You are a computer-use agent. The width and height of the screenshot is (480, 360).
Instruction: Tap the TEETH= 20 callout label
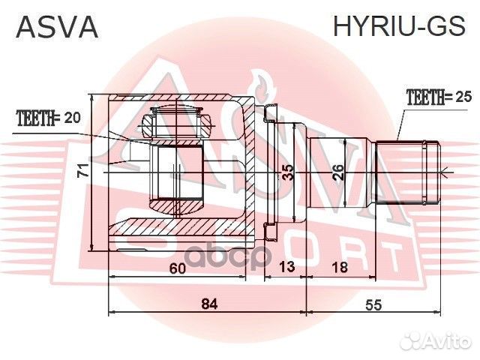(48, 118)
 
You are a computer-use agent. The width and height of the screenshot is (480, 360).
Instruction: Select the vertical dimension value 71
(85, 170)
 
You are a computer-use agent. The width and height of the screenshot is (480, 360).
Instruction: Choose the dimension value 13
(286, 268)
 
